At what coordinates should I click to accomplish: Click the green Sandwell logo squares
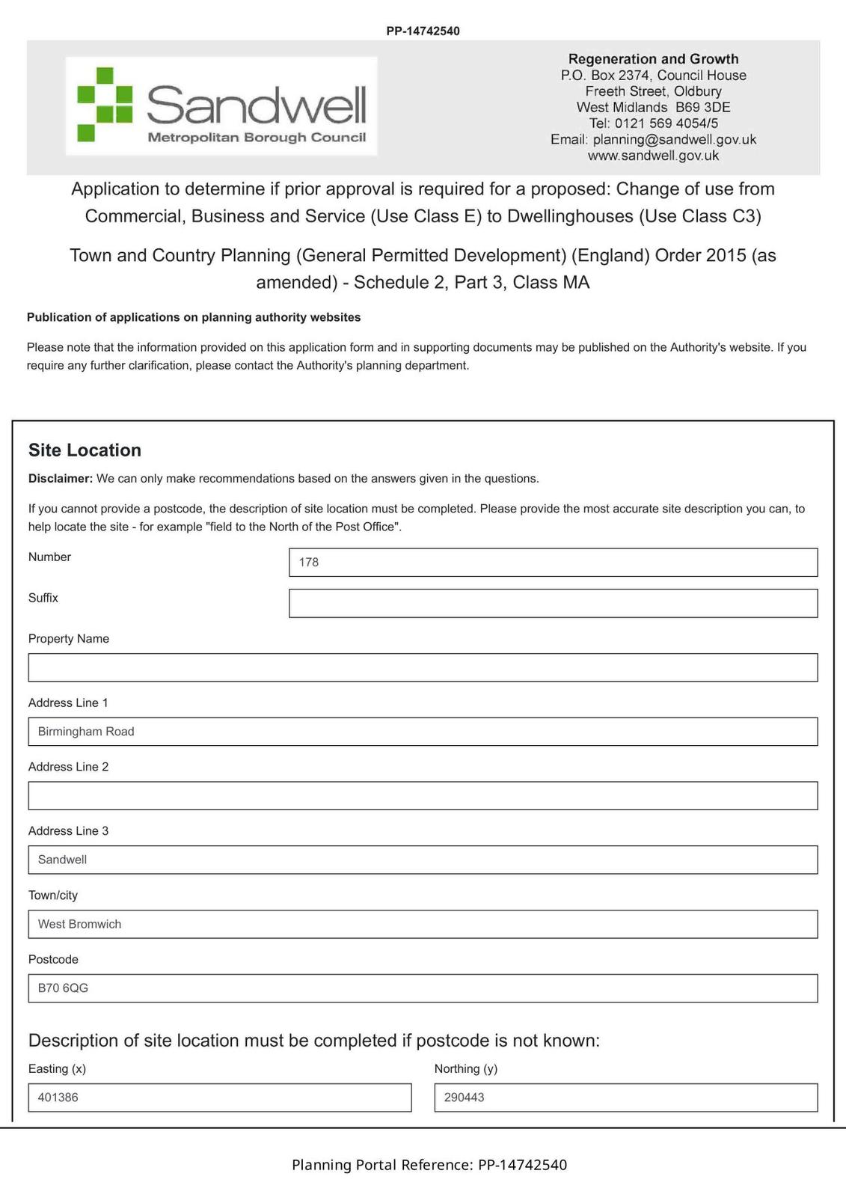tap(105, 105)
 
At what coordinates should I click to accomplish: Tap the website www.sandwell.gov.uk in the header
tap(653, 156)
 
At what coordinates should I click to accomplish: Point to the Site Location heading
tap(85, 450)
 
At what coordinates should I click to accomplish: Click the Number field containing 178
tap(553, 563)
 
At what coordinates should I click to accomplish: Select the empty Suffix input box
tap(553, 604)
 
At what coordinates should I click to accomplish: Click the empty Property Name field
tap(423, 667)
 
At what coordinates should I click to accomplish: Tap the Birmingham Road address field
tap(423, 732)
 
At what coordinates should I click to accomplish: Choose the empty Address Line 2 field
tap(423, 796)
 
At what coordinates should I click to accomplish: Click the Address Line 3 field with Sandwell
tap(423, 860)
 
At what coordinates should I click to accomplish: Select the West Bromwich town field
tap(423, 924)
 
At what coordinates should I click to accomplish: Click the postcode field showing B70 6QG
tap(423, 988)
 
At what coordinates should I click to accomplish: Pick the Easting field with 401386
tap(219, 1097)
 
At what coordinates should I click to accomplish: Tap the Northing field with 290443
tap(625, 1097)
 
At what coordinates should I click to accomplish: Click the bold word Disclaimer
tap(61, 479)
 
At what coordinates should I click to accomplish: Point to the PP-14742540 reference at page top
tap(423, 31)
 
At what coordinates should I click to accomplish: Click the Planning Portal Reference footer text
tap(429, 1165)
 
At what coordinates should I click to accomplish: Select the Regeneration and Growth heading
tap(653, 59)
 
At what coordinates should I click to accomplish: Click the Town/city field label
tap(53, 896)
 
